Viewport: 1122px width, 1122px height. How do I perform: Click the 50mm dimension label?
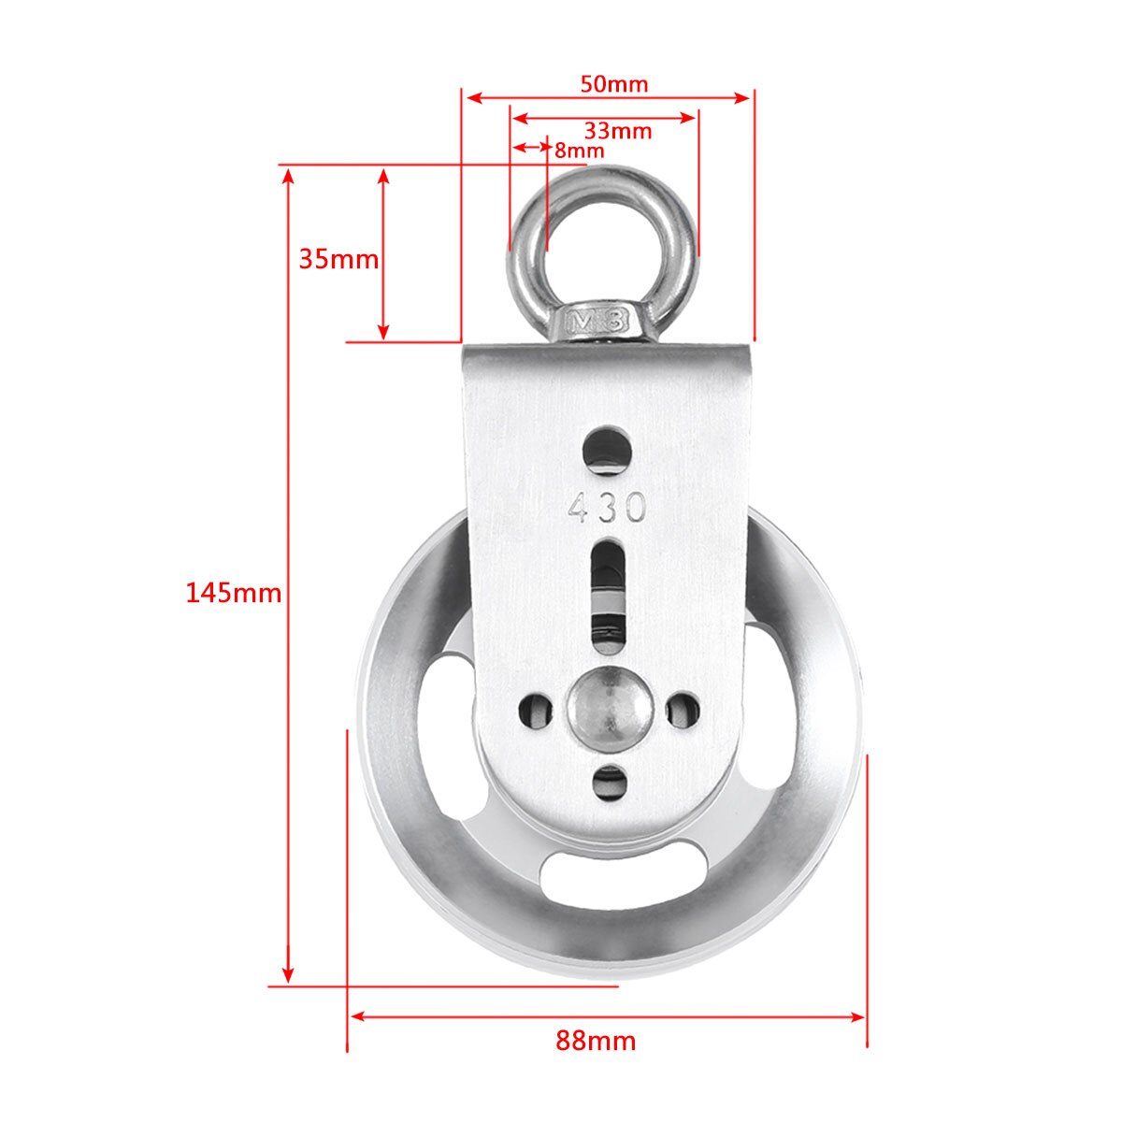pyautogui.click(x=613, y=83)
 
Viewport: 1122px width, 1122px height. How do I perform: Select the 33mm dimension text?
pyautogui.click(x=617, y=131)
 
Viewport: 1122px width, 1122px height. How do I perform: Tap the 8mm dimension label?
pyautogui.click(x=579, y=151)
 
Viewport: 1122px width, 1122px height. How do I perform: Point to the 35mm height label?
pyautogui.click(x=338, y=259)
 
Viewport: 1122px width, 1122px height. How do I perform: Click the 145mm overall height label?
pyautogui.click(x=233, y=593)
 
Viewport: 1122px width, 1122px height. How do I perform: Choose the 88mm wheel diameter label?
pyautogui.click(x=596, y=1041)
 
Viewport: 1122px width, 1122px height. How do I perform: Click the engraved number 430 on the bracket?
pyautogui.click(x=608, y=508)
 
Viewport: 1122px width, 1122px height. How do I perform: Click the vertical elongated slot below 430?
pyautogui.click(x=609, y=594)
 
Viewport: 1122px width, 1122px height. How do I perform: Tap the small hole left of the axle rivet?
pyautogui.click(x=537, y=710)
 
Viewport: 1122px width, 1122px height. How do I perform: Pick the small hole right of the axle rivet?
pyautogui.click(x=682, y=710)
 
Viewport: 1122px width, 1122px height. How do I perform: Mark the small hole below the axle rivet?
pyautogui.click(x=611, y=784)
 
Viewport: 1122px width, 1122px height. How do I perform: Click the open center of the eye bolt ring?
pyautogui.click(x=603, y=240)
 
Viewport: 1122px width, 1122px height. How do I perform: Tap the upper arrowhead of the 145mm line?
pyautogui.click(x=289, y=176)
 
